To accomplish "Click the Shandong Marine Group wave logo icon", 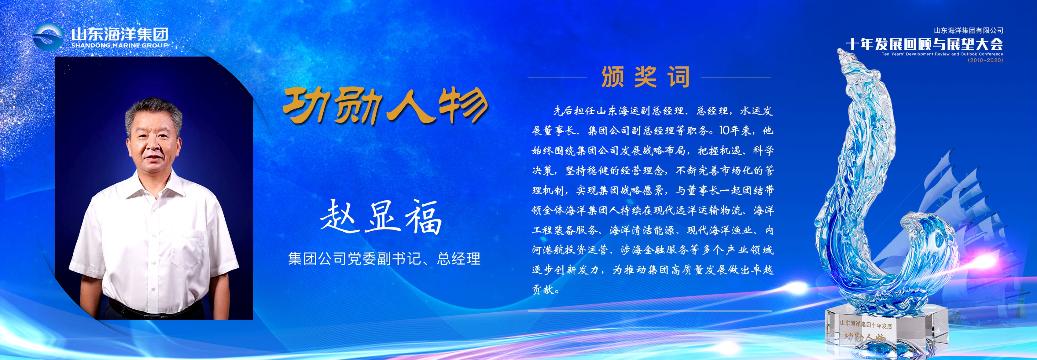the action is pyautogui.click(x=48, y=37).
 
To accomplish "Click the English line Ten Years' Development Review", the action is pyautogui.click(x=942, y=54).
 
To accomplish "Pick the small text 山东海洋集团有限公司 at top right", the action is pyautogui.click(x=969, y=31).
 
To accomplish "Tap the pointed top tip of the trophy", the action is pyautogui.click(x=840, y=51).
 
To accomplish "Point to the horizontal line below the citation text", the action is pyautogui.click(x=650, y=311).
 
